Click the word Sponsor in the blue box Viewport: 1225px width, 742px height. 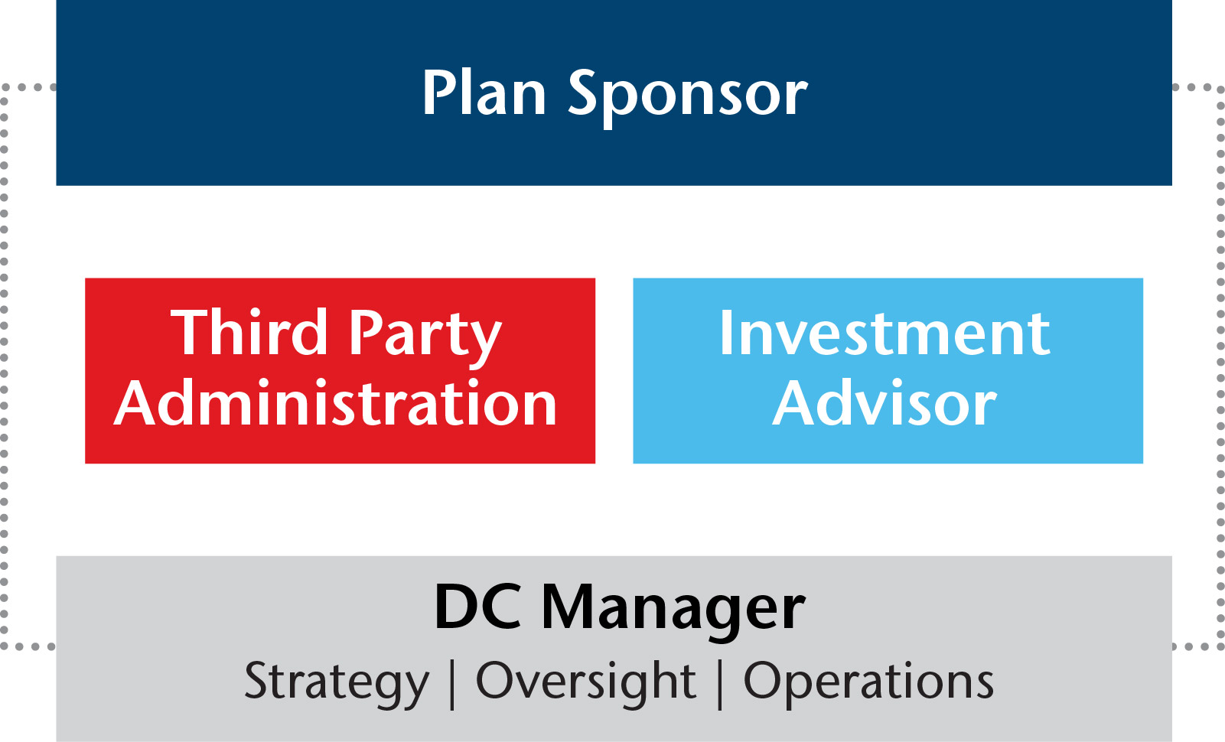pyautogui.click(x=688, y=99)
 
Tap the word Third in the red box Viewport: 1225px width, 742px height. pyautogui.click(x=249, y=332)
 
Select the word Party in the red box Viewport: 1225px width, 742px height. pyautogui.click(x=425, y=338)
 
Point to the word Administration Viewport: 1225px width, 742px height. pyautogui.click(x=335, y=402)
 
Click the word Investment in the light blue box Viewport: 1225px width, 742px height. pyautogui.click(x=885, y=333)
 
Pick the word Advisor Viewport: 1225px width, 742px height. pyautogui.click(x=885, y=402)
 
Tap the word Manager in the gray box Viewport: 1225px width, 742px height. pyautogui.click(x=673, y=613)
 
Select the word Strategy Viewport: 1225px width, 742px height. pyautogui.click(x=337, y=684)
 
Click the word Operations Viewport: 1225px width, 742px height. pyautogui.click(x=868, y=684)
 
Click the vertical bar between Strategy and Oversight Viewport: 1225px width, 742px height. pyautogui.click(x=452, y=685)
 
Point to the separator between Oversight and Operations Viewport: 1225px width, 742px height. pyautogui.click(x=720, y=685)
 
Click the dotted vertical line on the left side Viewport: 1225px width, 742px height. pyautogui.click(x=4, y=366)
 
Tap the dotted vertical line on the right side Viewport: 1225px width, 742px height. pyautogui.click(x=1220, y=366)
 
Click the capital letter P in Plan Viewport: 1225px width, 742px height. pyautogui.click(x=439, y=92)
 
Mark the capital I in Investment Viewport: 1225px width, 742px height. pyautogui.click(x=725, y=333)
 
